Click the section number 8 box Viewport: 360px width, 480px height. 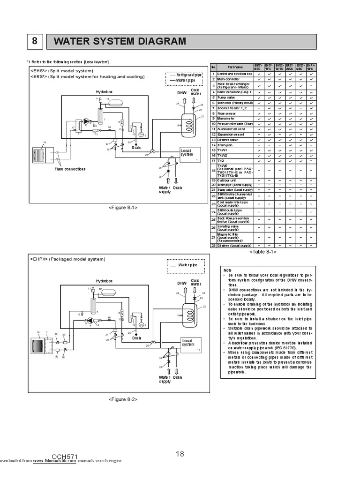(x=34, y=42)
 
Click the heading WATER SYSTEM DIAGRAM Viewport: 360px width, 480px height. (x=120, y=42)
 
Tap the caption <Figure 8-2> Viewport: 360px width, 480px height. (x=122, y=399)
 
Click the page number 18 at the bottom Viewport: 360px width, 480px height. (x=180, y=453)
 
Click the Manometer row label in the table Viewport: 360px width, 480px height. (x=226, y=119)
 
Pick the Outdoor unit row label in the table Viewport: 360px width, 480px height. (x=227, y=180)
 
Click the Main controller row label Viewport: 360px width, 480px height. (x=228, y=80)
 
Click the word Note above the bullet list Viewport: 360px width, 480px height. (x=227, y=270)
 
